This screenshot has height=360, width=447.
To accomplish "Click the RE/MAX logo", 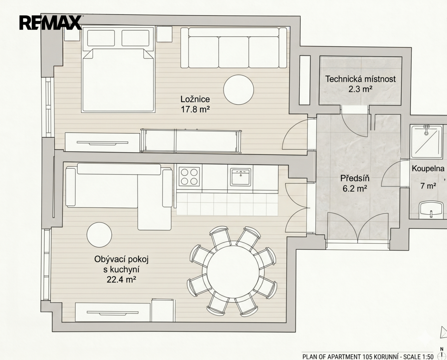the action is click(x=50, y=23).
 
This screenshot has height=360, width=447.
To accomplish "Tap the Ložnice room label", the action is click(x=195, y=99).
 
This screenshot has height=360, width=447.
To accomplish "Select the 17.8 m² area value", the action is click(x=195, y=109).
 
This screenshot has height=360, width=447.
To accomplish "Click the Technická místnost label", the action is click(x=360, y=79).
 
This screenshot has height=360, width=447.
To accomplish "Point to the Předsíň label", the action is click(x=355, y=178).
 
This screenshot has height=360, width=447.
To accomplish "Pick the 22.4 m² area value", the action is click(x=121, y=280).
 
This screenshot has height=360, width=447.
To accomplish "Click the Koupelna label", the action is click(x=428, y=168).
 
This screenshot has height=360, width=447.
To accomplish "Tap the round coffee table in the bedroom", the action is click(x=239, y=89).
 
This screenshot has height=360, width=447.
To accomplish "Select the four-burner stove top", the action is click(x=189, y=177).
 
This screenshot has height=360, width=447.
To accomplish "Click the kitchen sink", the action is click(x=240, y=177).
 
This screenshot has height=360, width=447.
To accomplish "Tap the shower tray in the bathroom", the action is click(x=426, y=142).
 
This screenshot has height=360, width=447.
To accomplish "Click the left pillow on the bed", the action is click(x=101, y=38).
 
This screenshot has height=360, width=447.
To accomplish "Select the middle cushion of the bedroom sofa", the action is click(x=234, y=52).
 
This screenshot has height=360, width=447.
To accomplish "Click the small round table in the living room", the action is click(x=99, y=235).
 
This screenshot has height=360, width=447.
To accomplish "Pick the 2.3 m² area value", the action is click(x=360, y=89).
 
